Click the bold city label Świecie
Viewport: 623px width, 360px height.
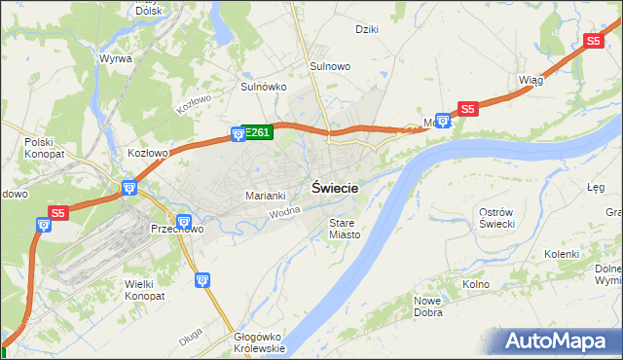pyautogui.click(x=335, y=189)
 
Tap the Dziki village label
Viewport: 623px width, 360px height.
pyautogui.click(x=367, y=29)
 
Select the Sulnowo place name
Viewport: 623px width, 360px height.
pyautogui.click(x=330, y=65)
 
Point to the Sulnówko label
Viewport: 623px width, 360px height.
pyautogui.click(x=263, y=87)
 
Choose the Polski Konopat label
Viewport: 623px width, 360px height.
pyautogui.click(x=44, y=148)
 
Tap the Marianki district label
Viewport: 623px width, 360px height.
pyautogui.click(x=265, y=196)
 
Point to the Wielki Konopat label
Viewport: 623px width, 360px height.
pyautogui.click(x=145, y=289)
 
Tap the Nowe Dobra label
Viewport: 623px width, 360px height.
pyautogui.click(x=428, y=307)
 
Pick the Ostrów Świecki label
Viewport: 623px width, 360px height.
pyautogui.click(x=503, y=218)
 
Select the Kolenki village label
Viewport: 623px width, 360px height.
pyautogui.click(x=562, y=254)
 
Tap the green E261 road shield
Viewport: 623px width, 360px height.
pyautogui.click(x=257, y=132)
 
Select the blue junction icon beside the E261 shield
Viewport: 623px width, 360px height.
pyautogui.click(x=238, y=133)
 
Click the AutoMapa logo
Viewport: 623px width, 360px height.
pyautogui.click(x=561, y=341)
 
